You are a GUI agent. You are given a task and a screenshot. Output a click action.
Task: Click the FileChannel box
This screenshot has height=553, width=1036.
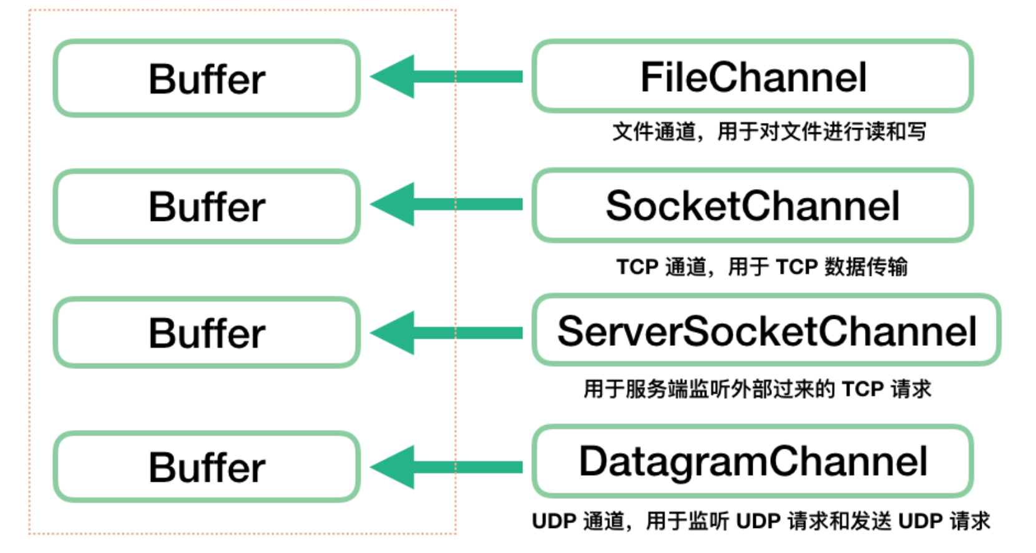point(753,76)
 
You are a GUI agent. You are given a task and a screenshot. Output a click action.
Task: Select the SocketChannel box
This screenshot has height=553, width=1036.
point(753,205)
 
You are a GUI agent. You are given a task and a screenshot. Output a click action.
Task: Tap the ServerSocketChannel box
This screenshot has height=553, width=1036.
point(766,330)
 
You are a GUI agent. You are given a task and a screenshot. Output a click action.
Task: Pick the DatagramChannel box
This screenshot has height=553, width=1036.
point(753,461)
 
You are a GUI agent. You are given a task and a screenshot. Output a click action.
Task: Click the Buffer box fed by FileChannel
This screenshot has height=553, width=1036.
point(207,78)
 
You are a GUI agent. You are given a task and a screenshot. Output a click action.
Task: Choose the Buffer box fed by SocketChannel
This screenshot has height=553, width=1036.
point(207,206)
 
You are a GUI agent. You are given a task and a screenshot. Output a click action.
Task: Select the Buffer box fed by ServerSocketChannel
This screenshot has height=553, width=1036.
point(207,333)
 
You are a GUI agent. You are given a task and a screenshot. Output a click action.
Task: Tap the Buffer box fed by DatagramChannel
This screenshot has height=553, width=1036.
point(207,466)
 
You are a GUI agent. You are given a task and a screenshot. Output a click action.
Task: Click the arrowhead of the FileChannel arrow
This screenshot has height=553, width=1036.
point(393,77)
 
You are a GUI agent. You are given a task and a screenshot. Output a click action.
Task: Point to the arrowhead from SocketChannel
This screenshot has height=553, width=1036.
point(393,204)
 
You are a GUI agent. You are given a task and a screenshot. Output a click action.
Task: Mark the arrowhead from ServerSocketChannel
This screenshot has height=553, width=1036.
point(393,333)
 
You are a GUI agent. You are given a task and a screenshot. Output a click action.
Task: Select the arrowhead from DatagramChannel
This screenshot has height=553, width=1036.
point(393,467)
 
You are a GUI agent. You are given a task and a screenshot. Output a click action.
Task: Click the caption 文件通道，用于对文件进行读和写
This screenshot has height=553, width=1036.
point(770,132)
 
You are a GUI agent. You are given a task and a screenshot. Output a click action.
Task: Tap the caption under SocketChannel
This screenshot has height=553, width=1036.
point(762,267)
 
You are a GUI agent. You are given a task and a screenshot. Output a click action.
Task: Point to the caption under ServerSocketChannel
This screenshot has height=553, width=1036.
point(758,389)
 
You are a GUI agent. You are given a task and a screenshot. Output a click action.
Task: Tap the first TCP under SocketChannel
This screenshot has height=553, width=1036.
point(637,267)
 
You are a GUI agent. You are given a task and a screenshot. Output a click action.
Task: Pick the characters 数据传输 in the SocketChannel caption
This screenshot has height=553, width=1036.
point(866,267)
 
